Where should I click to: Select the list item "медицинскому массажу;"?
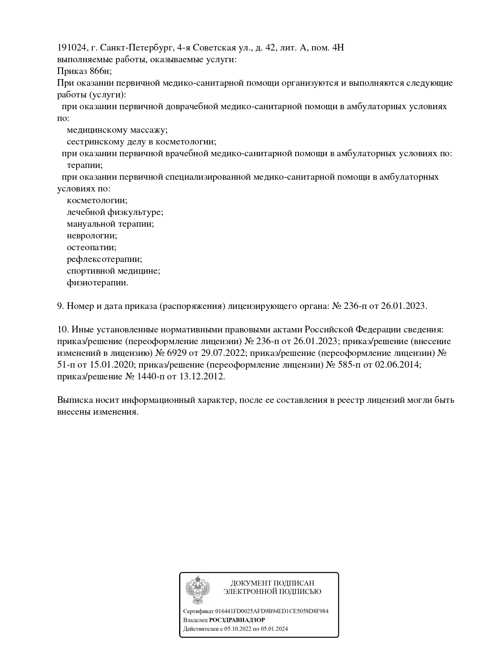coord(117,130)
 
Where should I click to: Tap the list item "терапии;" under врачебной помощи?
coord(85,165)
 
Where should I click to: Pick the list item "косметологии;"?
coord(97,200)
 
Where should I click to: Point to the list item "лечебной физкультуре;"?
coord(115,212)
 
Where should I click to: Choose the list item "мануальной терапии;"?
coord(110,224)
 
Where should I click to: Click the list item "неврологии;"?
coord(92,236)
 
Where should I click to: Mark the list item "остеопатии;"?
coord(92,247)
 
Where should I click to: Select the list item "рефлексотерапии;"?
coord(104,259)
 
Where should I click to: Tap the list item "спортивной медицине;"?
coord(113,271)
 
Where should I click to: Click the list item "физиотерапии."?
coord(97,283)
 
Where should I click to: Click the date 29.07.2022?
coord(223,353)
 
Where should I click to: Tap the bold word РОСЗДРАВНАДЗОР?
coord(237,620)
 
